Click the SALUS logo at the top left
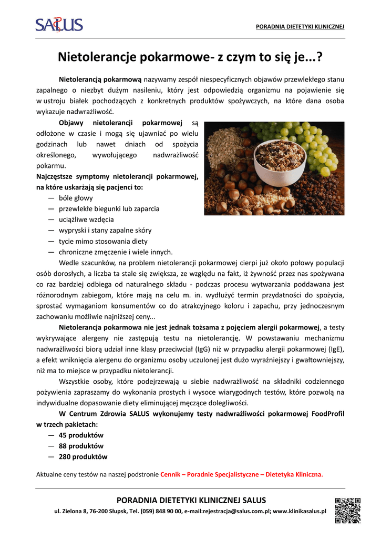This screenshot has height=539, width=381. pyautogui.click(x=59, y=24)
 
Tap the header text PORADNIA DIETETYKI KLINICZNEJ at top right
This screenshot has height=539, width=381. pyautogui.click(x=300, y=27)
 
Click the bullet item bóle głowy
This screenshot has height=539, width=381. pyautogui.click(x=76, y=198)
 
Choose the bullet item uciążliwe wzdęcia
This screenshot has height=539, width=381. pyautogui.click(x=86, y=219)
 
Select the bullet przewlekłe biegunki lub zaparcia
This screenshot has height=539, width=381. pyautogui.click(x=109, y=208)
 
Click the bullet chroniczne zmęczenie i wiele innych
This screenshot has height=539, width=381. pyautogui.click(x=116, y=252)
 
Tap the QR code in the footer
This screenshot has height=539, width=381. pyautogui.click(x=347, y=510)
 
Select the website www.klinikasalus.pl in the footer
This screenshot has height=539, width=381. pyautogui.click(x=300, y=511)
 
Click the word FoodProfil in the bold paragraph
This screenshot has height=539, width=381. pyautogui.click(x=328, y=414)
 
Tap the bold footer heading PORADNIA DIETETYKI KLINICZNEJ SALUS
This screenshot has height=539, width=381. pyautogui.click(x=191, y=500)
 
